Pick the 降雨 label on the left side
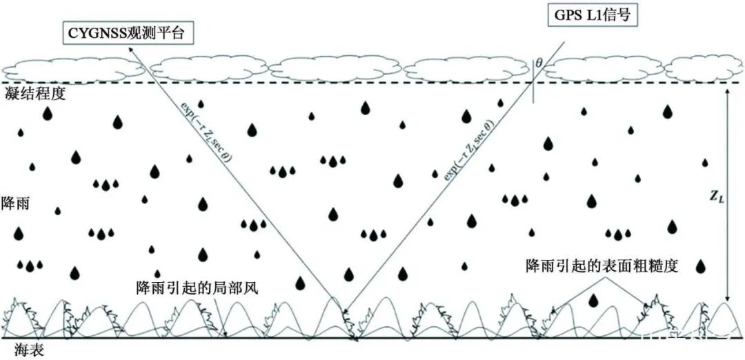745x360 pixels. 15,205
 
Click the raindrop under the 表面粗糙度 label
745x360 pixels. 593,300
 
